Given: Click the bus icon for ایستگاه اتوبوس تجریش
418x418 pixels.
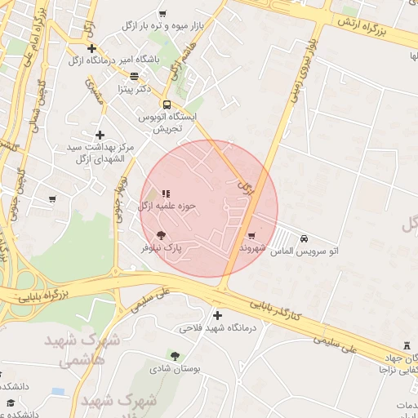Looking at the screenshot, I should pos(167,104).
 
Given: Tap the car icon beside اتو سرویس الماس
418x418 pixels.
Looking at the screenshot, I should pos(305,239).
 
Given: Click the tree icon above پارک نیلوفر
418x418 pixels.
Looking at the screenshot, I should pos(170,235).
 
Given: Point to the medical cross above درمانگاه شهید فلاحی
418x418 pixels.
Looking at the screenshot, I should pos(216,315).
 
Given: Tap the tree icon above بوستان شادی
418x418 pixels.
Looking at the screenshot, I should pos(174,355).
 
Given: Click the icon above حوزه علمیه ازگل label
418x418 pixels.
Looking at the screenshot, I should pos(167,193).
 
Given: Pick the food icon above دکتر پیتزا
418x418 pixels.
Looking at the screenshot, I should pos(134,76).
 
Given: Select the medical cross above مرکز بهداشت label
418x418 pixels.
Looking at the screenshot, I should pos(100,135).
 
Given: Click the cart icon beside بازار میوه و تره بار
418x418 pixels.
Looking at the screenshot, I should pos(162,13).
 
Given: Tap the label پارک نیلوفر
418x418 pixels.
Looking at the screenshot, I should pos(162,247).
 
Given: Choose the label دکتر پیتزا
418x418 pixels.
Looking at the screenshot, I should pos(136,88).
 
